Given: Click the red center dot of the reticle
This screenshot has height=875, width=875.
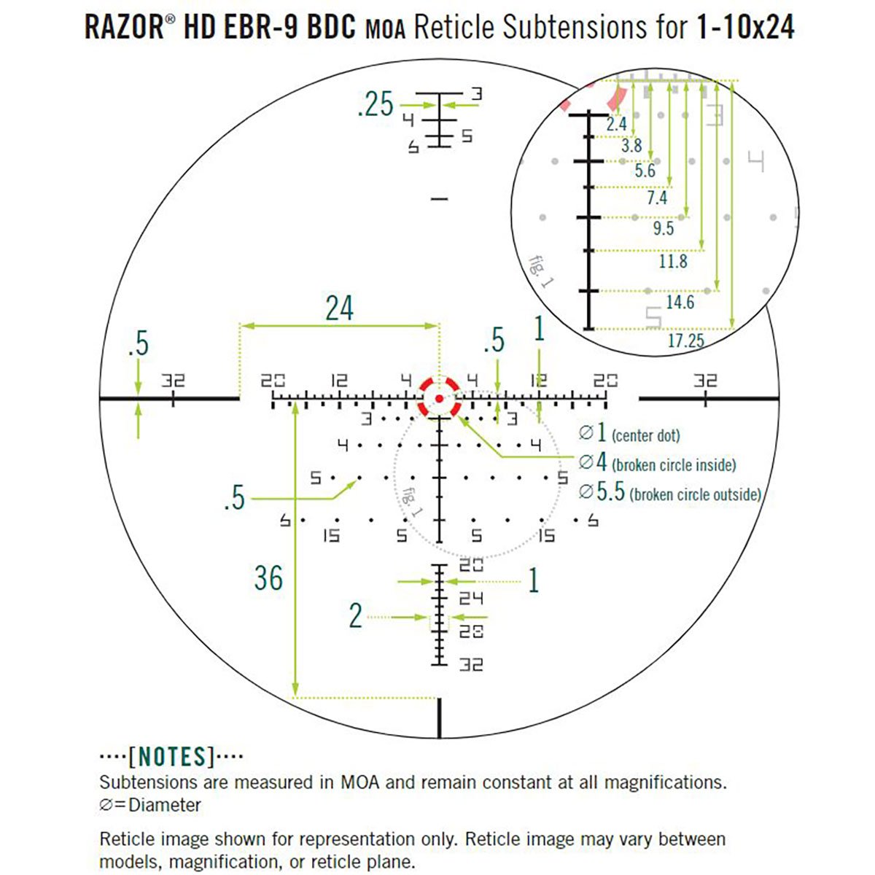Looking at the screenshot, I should (x=439, y=398).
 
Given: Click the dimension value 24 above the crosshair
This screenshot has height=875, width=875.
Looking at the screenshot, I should (x=339, y=308).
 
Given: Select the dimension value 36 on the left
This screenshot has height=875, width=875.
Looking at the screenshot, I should (x=268, y=578).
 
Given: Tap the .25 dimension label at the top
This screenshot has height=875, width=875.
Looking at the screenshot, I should (x=376, y=106).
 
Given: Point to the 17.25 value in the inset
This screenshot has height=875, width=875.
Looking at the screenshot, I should (x=685, y=341).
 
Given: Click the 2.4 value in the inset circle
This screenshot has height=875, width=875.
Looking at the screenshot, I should (x=616, y=125).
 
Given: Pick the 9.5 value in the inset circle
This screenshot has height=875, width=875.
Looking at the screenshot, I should (x=664, y=228).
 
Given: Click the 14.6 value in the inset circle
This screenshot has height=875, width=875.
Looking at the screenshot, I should (x=680, y=302).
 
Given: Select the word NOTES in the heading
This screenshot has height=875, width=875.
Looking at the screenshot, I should (x=171, y=757).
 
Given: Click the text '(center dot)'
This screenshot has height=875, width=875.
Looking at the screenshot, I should (x=645, y=436).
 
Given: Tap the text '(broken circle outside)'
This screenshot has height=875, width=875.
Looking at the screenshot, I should (x=695, y=494).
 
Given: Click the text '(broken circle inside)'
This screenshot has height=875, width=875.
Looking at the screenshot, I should (x=674, y=464).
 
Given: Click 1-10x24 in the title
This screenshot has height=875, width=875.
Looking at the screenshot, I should (x=744, y=28).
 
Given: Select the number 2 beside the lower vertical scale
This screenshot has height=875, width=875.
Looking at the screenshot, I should (x=355, y=616).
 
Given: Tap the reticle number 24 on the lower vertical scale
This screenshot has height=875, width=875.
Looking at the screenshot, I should (x=471, y=599).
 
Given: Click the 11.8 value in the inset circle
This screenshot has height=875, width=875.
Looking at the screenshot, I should (x=672, y=261).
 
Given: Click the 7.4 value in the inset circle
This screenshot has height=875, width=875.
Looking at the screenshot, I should (x=656, y=198).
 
